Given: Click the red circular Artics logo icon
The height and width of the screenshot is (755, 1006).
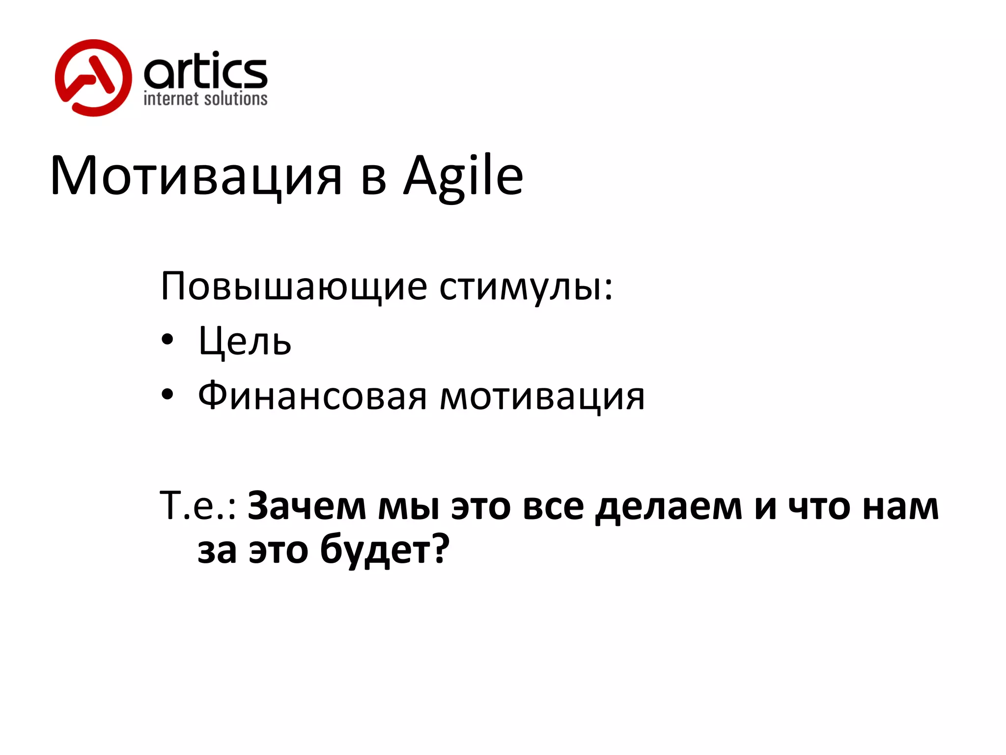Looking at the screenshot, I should coord(93,78).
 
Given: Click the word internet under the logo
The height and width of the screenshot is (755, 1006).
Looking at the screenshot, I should coord(170,99).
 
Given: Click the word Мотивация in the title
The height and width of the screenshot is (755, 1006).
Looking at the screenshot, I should coord(196,176).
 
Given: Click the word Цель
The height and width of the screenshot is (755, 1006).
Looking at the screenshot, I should coord(245,341).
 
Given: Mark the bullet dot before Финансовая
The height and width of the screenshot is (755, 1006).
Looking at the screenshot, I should coord(168,394).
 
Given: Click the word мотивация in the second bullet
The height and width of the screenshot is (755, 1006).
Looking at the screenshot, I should coord(542,396).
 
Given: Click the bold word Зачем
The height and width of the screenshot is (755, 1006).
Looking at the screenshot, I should coord(307,505).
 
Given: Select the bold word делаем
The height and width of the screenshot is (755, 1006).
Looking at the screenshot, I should coord(668,505).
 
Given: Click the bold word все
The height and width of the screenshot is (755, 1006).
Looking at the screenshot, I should coord(553,505).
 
